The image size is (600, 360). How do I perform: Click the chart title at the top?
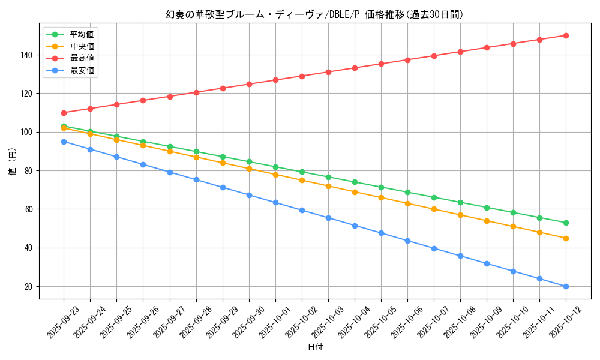314,14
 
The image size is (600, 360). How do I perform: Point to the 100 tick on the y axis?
29,132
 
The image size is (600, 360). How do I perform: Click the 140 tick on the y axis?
29,55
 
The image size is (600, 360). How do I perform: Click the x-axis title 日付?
314,347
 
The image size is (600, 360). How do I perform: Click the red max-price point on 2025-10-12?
566,35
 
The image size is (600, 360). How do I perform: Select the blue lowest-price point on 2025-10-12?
566,287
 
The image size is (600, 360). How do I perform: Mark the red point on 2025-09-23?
64,113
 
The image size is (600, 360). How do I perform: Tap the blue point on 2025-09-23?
64,142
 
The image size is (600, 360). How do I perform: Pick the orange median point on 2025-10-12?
566,238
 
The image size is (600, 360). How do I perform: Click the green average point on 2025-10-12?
566,223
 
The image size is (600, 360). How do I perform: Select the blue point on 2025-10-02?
302,210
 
